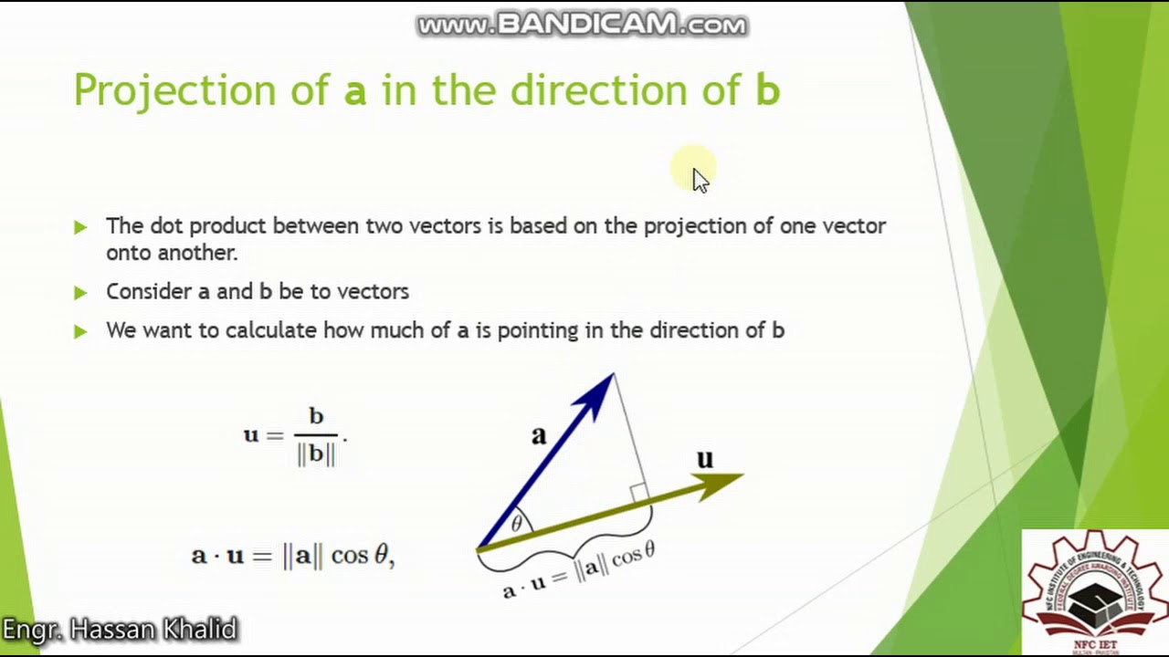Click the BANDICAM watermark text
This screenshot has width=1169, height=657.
coord(582,25)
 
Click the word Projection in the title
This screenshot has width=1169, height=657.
coord(174,91)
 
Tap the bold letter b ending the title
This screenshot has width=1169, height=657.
coord(767,90)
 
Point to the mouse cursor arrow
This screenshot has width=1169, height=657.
coord(699,179)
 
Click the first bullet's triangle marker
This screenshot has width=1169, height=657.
coord(80,226)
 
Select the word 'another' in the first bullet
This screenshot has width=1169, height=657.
coord(197,253)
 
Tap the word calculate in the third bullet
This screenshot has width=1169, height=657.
coord(271,330)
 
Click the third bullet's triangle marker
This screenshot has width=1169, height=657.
coord(80,331)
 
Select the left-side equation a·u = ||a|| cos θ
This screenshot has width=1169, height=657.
coord(292,555)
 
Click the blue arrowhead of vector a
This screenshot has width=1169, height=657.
coord(598,392)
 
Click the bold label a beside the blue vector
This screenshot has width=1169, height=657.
coord(539,435)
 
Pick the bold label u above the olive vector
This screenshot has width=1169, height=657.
coord(704,459)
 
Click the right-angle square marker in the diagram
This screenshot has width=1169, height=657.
coord(638,494)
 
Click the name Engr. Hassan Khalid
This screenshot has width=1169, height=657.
coord(120,630)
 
